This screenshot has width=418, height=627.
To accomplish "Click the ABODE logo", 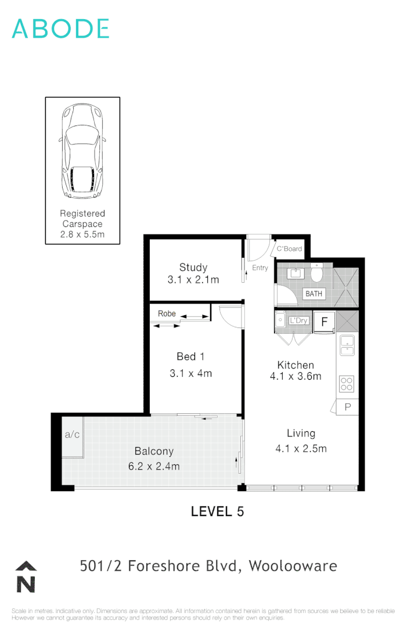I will click(x=60, y=28).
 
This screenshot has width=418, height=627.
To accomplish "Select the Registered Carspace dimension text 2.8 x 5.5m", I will click(x=82, y=235).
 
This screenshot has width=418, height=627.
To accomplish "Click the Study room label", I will click(x=193, y=268).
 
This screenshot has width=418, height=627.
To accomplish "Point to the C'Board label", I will click(x=289, y=249).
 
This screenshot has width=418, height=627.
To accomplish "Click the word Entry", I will click(x=260, y=268).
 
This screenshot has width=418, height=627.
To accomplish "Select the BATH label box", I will click(x=314, y=294).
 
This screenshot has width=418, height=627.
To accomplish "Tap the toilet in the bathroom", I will click(x=317, y=272).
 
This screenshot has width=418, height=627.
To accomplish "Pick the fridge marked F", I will click(x=325, y=321).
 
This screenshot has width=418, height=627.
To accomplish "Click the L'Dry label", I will click(x=298, y=320).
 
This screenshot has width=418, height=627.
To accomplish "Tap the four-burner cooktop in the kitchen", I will click(x=347, y=384).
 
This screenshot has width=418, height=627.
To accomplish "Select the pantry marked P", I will click(x=348, y=407).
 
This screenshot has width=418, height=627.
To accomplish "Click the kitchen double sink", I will click(x=347, y=344).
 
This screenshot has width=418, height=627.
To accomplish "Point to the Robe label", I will click(x=167, y=313).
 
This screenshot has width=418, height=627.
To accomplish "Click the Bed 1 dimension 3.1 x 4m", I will click(x=190, y=373).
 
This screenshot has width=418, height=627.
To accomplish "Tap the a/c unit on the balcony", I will click(x=72, y=434).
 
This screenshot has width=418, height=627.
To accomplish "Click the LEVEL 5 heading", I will click(x=218, y=511).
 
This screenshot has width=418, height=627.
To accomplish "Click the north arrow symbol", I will click(x=26, y=578).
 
